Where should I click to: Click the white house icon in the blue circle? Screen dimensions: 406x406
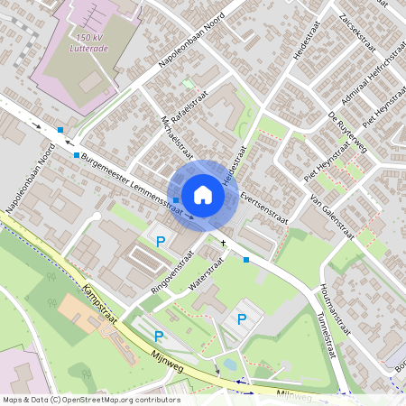pos(203,195)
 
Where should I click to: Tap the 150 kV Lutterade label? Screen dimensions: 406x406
pos(100,43)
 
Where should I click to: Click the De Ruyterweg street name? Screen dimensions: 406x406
pos(346,133)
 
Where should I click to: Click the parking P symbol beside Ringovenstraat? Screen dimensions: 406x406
pos(161,241)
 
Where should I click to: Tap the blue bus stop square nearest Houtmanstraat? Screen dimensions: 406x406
pos(246,260)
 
